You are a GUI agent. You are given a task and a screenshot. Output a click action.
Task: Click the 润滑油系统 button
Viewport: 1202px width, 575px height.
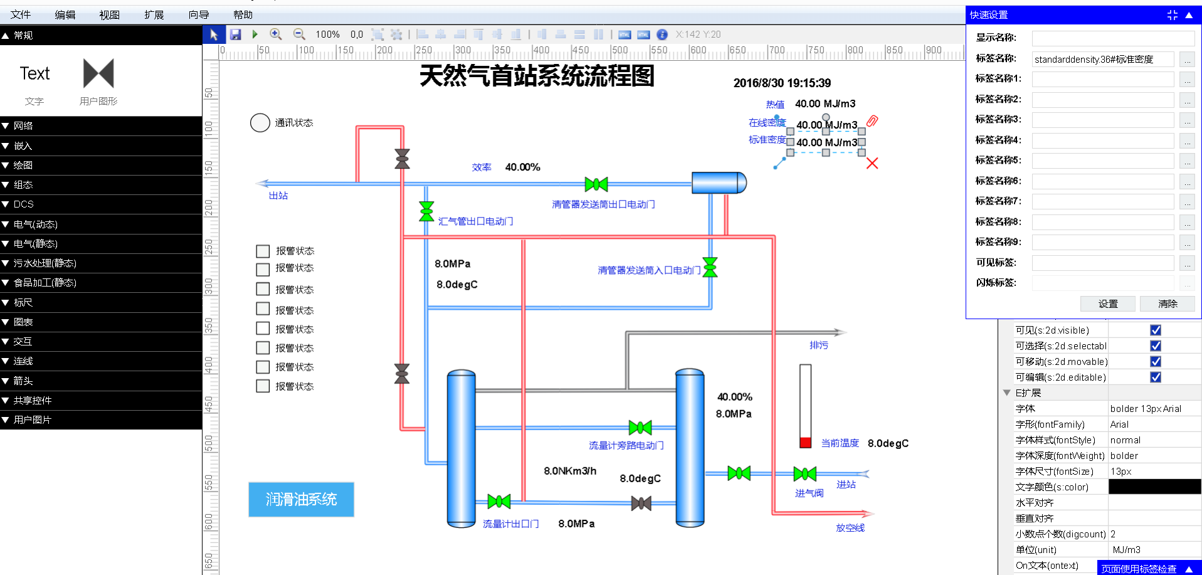[x=301, y=499]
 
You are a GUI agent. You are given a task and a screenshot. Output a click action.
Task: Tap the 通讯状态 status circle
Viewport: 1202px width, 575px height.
[x=260, y=123]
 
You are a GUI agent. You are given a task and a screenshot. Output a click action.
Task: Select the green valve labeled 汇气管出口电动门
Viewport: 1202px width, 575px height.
[x=426, y=211]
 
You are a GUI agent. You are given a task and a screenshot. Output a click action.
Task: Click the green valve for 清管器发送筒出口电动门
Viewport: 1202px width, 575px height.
[x=596, y=184]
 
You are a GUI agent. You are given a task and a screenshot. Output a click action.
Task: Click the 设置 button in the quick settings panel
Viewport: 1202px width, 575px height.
[x=1108, y=303]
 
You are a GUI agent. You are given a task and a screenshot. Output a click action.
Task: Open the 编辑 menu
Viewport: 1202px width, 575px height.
[x=65, y=14]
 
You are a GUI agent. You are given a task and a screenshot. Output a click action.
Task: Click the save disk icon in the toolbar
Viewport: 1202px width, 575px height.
[x=236, y=34]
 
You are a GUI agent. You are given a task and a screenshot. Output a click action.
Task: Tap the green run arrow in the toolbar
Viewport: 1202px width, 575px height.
[x=255, y=34]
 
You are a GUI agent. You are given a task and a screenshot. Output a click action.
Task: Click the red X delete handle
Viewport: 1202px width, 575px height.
[x=872, y=163]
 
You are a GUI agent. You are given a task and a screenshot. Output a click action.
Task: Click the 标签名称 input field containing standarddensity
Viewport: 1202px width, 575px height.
[x=1103, y=59]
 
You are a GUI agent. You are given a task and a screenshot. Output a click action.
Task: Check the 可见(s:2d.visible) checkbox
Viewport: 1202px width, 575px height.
[x=1156, y=330]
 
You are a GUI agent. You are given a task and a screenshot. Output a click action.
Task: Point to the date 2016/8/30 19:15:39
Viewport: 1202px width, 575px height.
[x=782, y=83]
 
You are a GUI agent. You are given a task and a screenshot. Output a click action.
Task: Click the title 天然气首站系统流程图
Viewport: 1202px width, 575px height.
[x=537, y=76]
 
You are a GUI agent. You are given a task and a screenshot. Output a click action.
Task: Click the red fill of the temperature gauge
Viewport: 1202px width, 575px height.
[x=806, y=442]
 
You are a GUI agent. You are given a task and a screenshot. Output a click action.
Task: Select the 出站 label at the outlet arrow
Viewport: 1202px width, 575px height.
[x=278, y=196]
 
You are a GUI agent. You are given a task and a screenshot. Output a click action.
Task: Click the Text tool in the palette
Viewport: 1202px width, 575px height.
[x=34, y=73]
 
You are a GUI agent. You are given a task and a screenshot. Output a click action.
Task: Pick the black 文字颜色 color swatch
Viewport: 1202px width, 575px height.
[x=1154, y=487]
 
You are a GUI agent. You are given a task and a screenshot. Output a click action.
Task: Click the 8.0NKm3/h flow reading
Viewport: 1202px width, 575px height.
[x=570, y=471]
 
